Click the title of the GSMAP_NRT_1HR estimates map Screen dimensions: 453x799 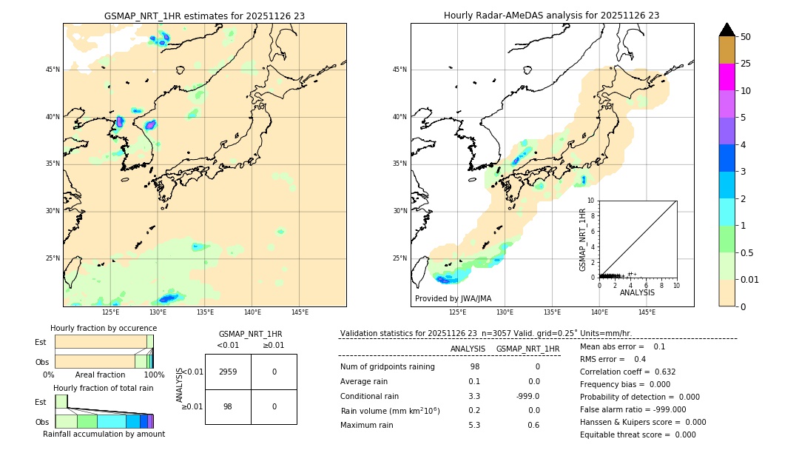[x=204, y=16]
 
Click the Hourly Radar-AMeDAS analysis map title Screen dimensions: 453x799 [x=551, y=16]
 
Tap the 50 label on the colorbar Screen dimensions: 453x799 [x=746, y=37]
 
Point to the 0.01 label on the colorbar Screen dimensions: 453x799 [x=749, y=279]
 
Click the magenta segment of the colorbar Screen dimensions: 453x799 [x=726, y=77]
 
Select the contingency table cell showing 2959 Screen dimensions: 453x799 [x=227, y=372]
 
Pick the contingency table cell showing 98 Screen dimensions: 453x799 [x=227, y=406]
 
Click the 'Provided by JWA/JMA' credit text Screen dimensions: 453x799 [x=453, y=298]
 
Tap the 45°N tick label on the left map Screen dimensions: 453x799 [x=53, y=70]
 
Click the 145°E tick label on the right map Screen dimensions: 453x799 [x=647, y=312]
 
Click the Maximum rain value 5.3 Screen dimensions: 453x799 [x=474, y=425]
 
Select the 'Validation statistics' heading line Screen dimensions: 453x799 [x=485, y=333]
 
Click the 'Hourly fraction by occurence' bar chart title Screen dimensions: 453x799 [x=104, y=328]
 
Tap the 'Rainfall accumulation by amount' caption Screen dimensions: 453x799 [x=104, y=434]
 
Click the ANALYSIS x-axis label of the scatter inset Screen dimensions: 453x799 [x=637, y=292]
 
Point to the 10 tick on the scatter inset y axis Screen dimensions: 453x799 [x=591, y=201]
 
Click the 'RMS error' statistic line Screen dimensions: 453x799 [x=613, y=359]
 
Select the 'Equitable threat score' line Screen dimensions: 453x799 [x=638, y=434]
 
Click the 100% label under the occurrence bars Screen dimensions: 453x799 [x=154, y=375]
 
